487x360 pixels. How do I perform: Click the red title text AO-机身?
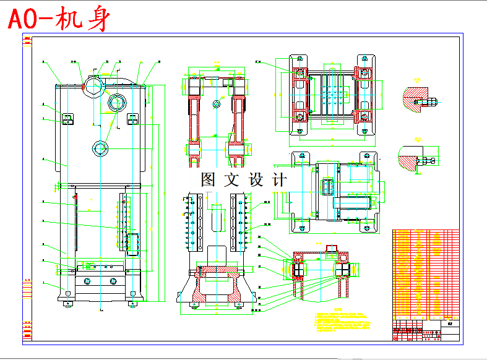tap(59, 20)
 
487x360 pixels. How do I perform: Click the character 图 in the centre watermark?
tap(209, 180)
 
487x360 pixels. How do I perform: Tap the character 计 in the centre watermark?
tap(279, 180)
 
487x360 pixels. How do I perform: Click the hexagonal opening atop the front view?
tap(93, 84)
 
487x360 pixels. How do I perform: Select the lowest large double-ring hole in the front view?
tap(100, 148)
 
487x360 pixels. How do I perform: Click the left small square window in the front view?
tap(68, 118)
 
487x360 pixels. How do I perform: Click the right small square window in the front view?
tap(132, 118)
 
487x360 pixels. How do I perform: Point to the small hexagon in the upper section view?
tap(217, 103)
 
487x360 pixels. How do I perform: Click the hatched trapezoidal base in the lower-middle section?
tap(216, 288)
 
